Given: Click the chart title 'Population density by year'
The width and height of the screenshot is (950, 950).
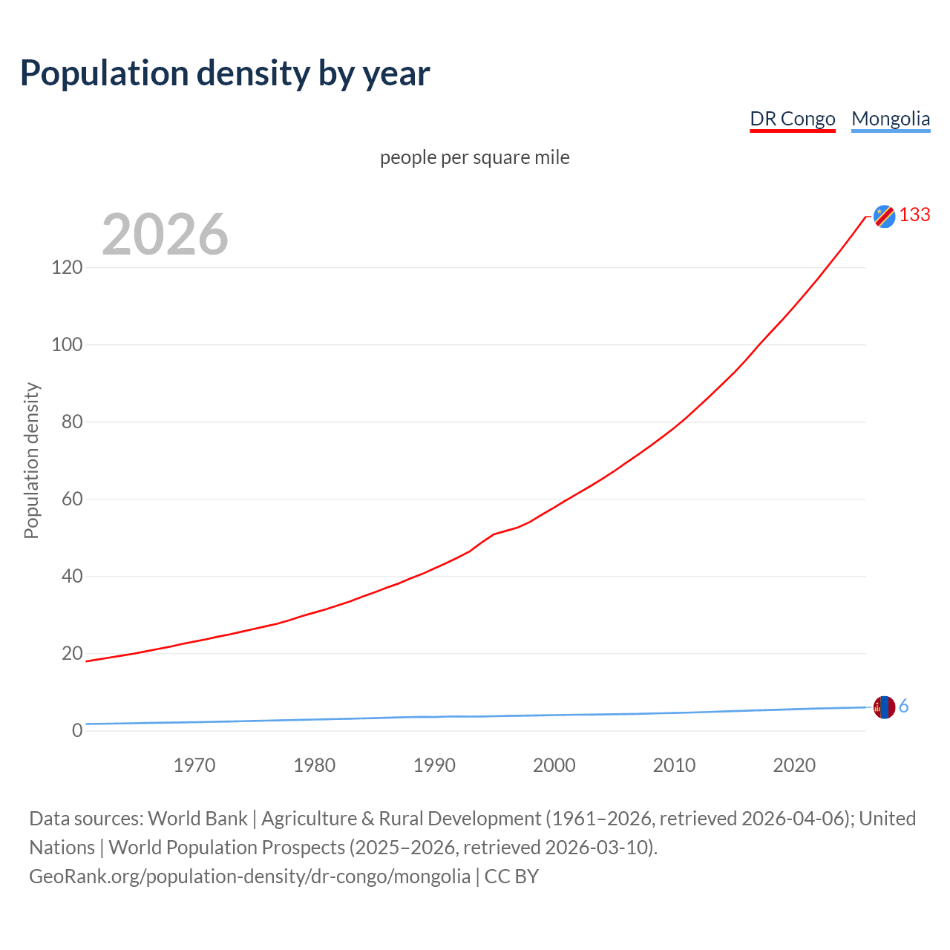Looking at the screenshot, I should coord(225,73).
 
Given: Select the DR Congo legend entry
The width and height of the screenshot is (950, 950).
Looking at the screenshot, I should coord(792,119).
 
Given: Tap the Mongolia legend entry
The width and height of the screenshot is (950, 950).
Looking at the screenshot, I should coord(890,119).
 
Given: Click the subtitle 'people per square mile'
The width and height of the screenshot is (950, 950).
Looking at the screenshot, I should coord(474,157).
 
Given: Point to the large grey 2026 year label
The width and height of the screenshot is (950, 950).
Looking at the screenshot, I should coord(165,235).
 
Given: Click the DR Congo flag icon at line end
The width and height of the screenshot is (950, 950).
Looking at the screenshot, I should coord(884,216).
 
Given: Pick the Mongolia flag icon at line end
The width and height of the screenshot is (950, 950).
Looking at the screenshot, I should coord(884,707).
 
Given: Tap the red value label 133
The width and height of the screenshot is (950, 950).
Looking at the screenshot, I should coord(914,214).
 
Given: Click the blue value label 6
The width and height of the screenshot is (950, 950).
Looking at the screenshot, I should coord(903,707).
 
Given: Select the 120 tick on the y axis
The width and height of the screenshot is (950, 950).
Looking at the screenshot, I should coord(67,267).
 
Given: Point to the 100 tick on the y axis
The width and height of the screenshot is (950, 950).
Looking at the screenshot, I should coord(67,344).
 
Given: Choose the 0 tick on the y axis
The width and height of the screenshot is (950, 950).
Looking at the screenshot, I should coord(76,730).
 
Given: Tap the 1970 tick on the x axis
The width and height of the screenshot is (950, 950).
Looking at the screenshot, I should coord(194,765).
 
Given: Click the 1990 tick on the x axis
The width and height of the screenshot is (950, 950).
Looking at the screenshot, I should coord(434,765).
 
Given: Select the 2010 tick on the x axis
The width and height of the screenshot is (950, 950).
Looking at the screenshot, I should coord(674,765).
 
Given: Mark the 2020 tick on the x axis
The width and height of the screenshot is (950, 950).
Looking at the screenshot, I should coord(794,765).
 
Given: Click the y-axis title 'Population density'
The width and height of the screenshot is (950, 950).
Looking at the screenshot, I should coord(31,460).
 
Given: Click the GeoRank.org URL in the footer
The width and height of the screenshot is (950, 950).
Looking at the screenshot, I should coord(249,877).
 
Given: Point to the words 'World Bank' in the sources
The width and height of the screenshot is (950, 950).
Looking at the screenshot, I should coord(197,819).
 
